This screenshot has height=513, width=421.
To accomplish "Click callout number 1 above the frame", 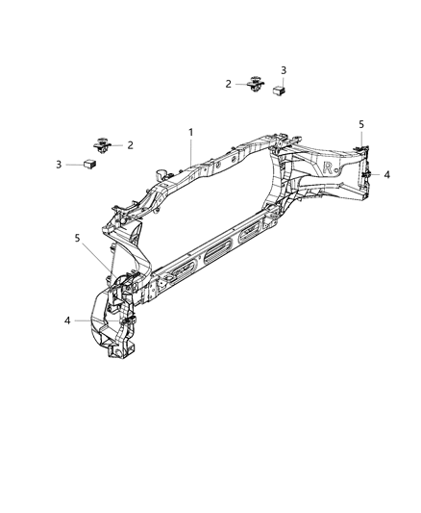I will coord(190,131).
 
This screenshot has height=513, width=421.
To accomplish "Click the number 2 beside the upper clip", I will coord(229,84).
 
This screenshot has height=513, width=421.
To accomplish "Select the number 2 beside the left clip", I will coord(130,145).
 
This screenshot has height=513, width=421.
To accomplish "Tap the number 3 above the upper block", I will coord(283,70).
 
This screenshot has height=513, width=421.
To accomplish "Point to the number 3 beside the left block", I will coord(59,165).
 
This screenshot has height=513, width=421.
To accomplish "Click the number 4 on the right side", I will coord(387,175).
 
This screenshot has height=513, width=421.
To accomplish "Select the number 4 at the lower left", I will coord(67,321).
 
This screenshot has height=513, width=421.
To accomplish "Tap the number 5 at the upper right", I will coord(361,124).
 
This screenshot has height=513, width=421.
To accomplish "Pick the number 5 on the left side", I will coord(78,238).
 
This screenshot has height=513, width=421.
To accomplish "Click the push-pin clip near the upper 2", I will coord(256,85).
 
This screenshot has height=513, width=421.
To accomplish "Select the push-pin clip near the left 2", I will coord(103,146).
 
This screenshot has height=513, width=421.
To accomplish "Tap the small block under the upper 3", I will coord(281,90).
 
